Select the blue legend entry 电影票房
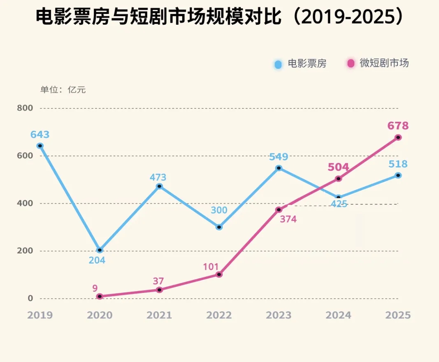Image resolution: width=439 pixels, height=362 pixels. coord(301,64)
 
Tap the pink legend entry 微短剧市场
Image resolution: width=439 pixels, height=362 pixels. coord(378,63)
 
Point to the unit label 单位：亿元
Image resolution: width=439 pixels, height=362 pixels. coord(63,90)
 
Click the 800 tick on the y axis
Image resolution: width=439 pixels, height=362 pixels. coord(25,108)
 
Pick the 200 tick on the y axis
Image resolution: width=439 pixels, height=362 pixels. coord(25,251)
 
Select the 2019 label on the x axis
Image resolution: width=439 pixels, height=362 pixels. coord(40,315)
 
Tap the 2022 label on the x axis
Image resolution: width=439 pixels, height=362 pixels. coord(219,315)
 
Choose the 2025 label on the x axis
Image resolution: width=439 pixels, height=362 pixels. coord(398,315)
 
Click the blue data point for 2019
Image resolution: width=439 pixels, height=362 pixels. coord(40,146)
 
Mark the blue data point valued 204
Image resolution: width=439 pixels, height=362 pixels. coord(100,250)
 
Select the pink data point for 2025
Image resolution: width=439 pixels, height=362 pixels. coord(398,137)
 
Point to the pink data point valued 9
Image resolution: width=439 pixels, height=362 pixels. coord(100,296)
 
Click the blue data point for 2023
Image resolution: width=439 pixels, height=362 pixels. coord(279,168)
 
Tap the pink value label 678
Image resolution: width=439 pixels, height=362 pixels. coord(398,125)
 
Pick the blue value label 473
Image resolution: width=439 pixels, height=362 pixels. coord(158,177)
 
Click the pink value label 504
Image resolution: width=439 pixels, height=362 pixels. coord(338,167)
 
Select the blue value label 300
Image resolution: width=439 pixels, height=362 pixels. coord(219,210)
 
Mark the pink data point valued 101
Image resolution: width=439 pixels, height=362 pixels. coord(219,274)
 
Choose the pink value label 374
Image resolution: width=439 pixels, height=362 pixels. coord(288,219)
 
